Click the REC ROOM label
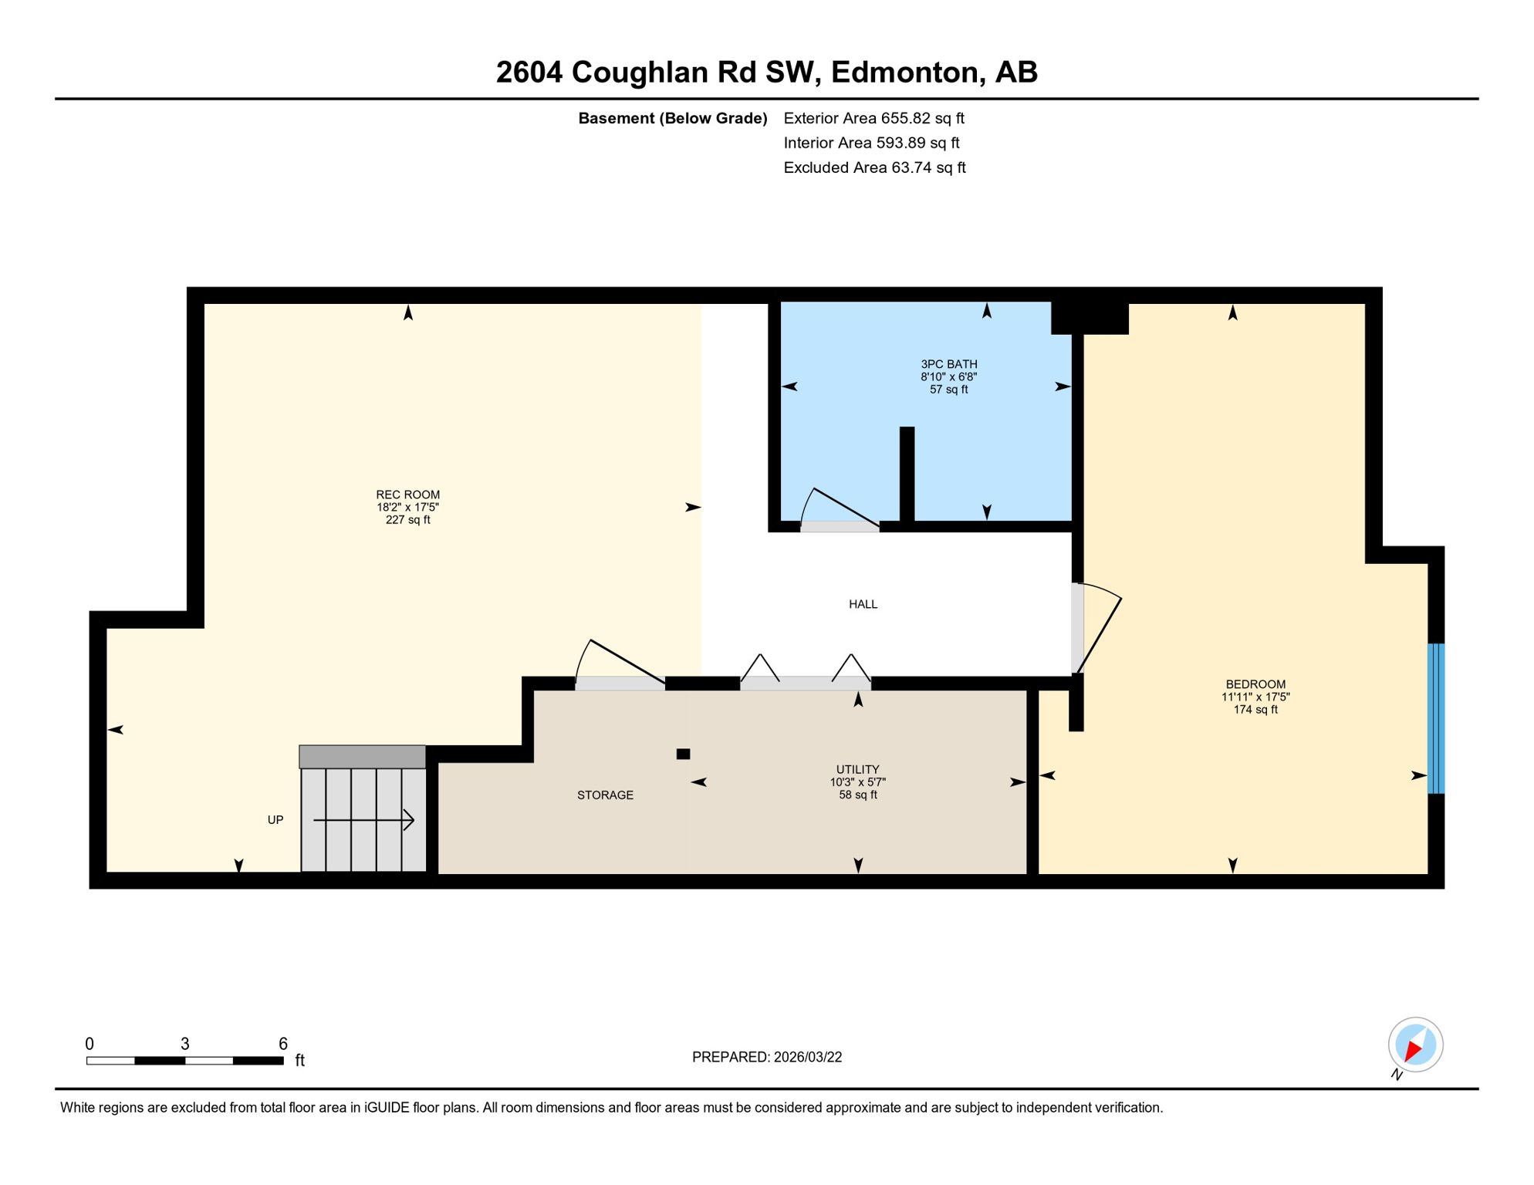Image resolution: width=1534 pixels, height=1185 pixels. click(407, 495)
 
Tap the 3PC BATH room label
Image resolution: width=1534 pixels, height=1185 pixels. click(948, 364)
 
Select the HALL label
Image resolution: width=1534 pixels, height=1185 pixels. click(863, 604)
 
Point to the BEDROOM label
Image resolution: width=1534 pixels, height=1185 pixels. click(1255, 684)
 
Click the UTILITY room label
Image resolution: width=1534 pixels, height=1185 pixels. click(857, 769)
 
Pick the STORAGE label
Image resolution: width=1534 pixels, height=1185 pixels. click(605, 795)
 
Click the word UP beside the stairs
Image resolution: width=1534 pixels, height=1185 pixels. click(275, 820)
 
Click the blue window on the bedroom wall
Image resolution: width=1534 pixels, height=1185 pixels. click(1435, 718)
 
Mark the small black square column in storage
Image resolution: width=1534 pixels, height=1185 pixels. click(683, 754)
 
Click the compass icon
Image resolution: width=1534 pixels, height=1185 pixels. click(1415, 1045)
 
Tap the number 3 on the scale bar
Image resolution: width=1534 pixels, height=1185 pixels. click(185, 1044)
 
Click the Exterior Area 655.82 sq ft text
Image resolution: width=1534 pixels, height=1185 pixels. click(873, 118)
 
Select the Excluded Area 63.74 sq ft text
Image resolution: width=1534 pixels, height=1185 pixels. click(874, 167)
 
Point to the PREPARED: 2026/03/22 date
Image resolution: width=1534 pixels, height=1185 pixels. click(766, 1057)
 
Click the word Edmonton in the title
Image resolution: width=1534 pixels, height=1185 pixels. click(907, 72)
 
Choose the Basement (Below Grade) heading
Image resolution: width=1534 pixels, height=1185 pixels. click(672, 118)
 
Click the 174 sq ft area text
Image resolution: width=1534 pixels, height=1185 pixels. click(1255, 710)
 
